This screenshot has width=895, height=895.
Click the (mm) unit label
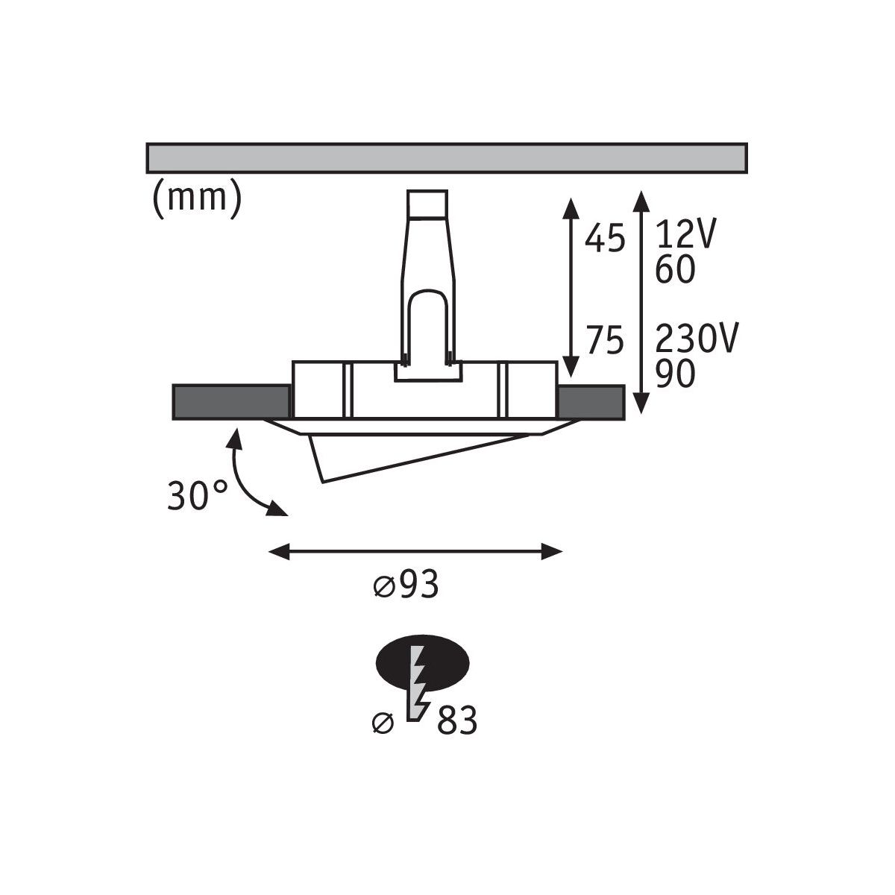click(197, 199)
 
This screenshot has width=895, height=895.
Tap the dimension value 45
click(604, 239)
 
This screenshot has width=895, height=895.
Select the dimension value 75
click(604, 340)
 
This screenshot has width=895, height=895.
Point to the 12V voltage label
click(686, 233)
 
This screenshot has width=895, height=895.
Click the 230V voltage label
click(696, 338)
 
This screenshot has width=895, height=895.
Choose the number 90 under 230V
click(675, 374)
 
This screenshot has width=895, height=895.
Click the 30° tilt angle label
click(198, 495)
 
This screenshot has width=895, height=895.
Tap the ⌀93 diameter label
click(406, 584)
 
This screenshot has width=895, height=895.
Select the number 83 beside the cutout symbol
click(457, 720)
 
